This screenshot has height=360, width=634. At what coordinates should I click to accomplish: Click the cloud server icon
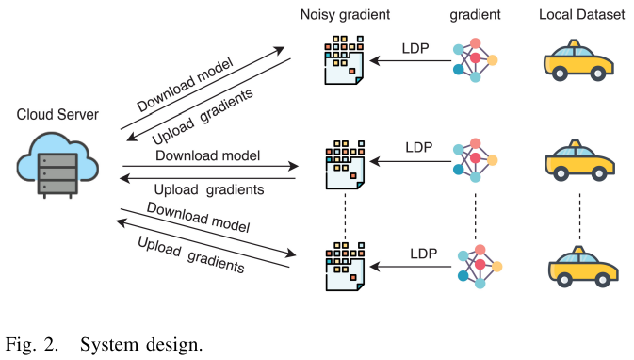tap(57, 165)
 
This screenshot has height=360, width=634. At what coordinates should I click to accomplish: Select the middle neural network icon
tap(474, 161)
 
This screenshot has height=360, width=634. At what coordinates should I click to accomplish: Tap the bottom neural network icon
tap(476, 265)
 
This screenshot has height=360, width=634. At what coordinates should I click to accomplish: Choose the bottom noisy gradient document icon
tap(343, 266)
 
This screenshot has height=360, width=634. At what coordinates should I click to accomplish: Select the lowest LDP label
tap(423, 253)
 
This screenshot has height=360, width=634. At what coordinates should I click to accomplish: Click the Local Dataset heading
tap(581, 15)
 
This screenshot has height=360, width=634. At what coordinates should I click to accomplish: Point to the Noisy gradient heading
tap(346, 15)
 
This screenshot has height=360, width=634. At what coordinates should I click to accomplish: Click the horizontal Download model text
tap(207, 155)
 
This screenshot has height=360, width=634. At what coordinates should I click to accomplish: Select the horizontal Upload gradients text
tap(208, 189)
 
